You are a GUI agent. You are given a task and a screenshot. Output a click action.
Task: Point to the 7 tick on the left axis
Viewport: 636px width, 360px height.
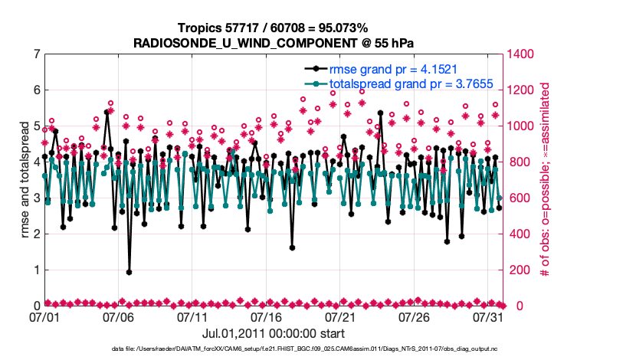[x=37, y=54]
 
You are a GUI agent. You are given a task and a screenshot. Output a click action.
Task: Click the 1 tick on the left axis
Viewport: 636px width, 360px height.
[x=37, y=270]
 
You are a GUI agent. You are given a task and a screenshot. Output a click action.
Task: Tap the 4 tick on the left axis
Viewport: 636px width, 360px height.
[x=37, y=162]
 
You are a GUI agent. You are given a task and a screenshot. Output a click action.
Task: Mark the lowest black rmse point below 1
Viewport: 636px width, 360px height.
[x=129, y=272]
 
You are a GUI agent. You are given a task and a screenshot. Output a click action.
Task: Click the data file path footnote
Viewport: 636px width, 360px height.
[x=318, y=349]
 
